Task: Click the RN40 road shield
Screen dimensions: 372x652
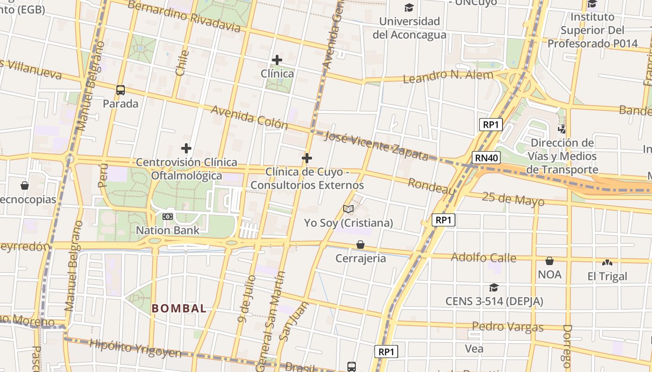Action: click(x=487, y=158)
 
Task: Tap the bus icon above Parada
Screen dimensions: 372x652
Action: click(x=121, y=90)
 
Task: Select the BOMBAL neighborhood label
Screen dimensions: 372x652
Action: click(x=179, y=308)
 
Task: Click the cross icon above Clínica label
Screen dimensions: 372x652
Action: click(x=277, y=60)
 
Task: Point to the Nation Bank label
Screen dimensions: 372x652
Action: click(x=168, y=230)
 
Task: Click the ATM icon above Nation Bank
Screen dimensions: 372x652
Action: click(x=168, y=217)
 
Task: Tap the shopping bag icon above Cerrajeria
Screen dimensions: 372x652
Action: click(x=360, y=245)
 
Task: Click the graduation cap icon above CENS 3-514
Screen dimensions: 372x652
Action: click(x=494, y=288)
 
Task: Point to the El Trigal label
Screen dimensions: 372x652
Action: click(x=607, y=277)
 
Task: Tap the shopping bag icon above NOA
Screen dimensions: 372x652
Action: click(x=550, y=261)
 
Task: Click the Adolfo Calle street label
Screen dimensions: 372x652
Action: click(x=483, y=257)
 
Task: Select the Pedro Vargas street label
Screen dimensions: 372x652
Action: click(x=508, y=327)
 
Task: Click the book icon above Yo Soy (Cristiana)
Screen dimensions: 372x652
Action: click(x=348, y=209)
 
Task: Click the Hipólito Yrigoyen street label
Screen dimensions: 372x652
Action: click(x=135, y=349)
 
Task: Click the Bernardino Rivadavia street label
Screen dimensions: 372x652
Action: click(x=184, y=16)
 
